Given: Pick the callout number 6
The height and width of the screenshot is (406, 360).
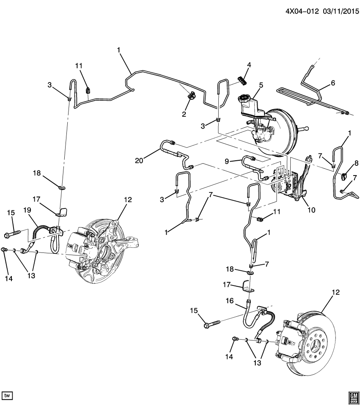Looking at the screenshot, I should point(333,83).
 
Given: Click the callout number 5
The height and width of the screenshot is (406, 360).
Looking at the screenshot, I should point(261,85).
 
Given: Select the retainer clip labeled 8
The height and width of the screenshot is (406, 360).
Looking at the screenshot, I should point(344,174).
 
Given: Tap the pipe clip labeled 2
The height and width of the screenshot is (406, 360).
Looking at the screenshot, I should point(191,96).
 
